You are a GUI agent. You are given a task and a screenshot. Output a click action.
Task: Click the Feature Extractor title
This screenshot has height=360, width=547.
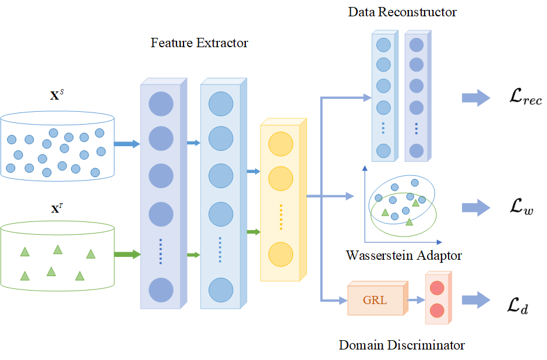pos(199,43)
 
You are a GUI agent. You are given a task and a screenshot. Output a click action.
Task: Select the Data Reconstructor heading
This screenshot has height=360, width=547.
pos(402,12)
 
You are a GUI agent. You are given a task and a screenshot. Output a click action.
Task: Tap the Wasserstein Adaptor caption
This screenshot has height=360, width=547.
pos(404,255)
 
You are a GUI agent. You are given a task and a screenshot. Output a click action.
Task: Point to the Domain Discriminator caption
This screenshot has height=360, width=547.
pos(402,345)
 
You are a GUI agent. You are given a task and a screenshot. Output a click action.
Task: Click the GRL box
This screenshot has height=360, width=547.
pos(375,301)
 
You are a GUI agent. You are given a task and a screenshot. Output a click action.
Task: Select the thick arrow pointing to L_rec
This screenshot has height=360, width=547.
pos(477,98)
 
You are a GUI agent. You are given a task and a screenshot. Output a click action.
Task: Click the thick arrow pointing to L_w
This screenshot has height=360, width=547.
pos(477,207)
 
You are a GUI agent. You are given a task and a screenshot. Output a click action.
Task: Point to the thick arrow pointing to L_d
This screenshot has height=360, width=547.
pos(477,299)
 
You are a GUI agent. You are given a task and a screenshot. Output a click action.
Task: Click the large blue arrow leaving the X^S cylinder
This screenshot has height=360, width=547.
pos(127,143)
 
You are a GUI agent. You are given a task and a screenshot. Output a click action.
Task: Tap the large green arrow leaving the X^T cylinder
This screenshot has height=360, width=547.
pos(127,254)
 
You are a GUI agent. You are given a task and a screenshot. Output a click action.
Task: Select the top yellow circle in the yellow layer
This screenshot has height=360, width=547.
pos(280,143)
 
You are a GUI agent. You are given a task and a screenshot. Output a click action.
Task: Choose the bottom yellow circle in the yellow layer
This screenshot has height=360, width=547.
pos(280,255)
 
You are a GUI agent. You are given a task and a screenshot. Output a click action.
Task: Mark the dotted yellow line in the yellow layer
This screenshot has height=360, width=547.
pos(280,217)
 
